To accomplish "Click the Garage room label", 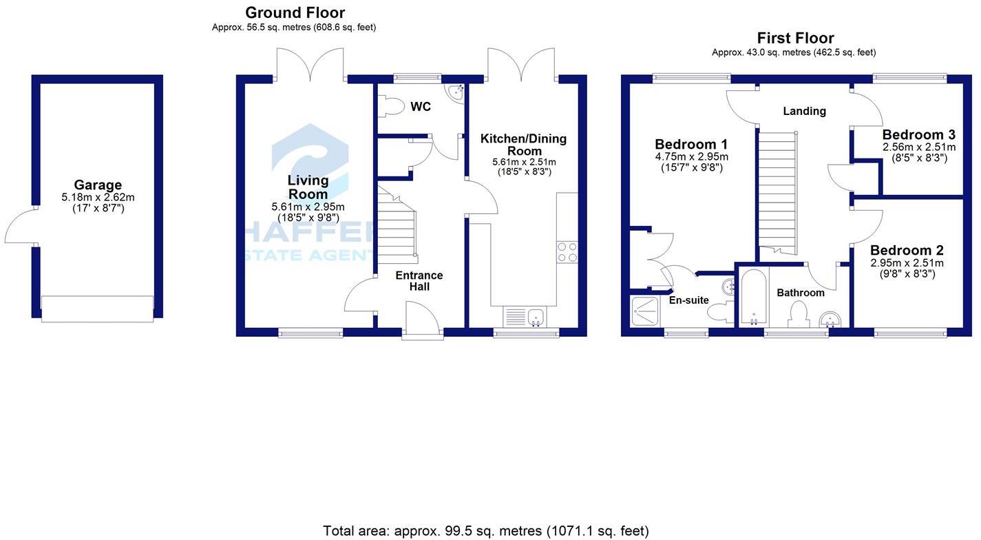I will [x=98, y=185].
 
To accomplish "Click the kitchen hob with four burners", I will [x=567, y=252].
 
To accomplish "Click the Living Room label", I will [x=308, y=187].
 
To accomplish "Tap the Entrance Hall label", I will [x=419, y=280].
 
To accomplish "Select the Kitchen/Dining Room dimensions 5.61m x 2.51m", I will [x=524, y=163].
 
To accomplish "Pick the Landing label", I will [x=804, y=111].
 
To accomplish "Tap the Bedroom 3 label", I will [x=918, y=135].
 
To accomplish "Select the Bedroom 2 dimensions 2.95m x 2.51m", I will [x=907, y=263].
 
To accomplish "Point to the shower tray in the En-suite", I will [x=645, y=311].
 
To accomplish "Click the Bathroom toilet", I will [x=799, y=315].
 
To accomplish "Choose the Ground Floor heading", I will [x=295, y=12].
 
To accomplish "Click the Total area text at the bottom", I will [x=485, y=531].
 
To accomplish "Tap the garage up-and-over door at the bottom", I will [x=97, y=308].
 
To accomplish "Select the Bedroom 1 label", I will [x=691, y=145].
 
